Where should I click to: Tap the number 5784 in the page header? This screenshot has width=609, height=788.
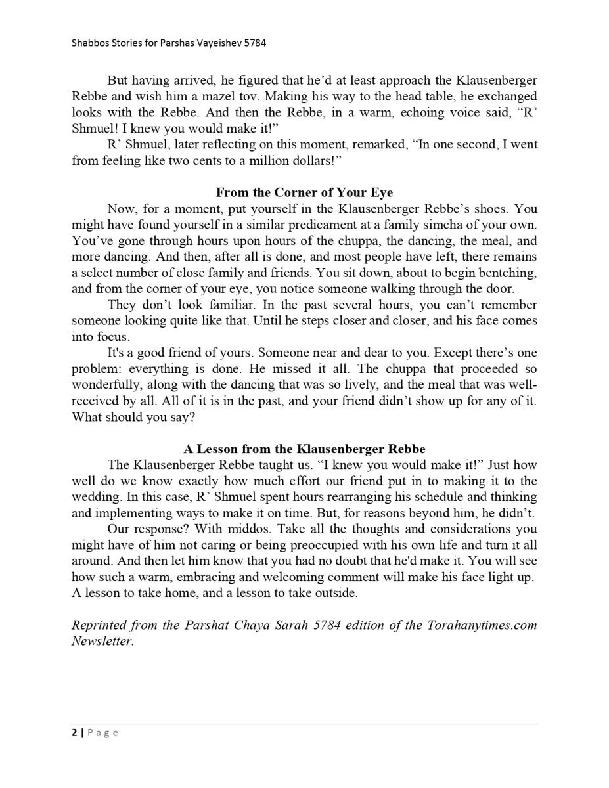pos(256,43)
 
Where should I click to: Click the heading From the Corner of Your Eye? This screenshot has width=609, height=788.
pos(304,192)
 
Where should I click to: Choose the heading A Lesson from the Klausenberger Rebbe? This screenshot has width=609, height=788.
pos(304,449)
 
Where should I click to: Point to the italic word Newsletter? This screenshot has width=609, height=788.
pos(102,641)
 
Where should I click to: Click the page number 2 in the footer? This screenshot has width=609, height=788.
pos(75,733)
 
